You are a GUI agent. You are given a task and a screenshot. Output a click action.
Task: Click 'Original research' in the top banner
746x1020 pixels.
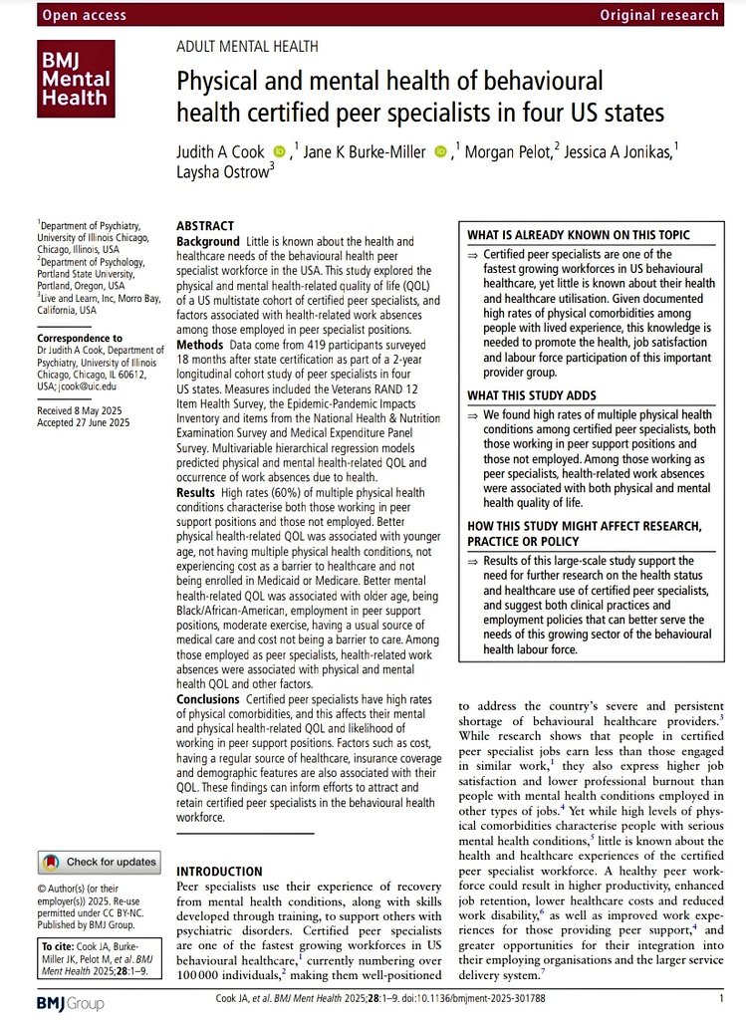coord(658,14)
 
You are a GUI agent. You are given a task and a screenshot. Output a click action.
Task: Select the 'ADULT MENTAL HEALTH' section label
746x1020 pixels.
coord(247,46)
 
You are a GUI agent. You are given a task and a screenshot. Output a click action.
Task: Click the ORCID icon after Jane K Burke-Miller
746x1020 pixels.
coord(441,150)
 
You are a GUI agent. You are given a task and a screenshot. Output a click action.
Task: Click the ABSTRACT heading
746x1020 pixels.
coord(205,226)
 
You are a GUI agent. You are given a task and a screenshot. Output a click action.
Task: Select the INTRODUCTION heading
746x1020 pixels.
coord(219,871)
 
